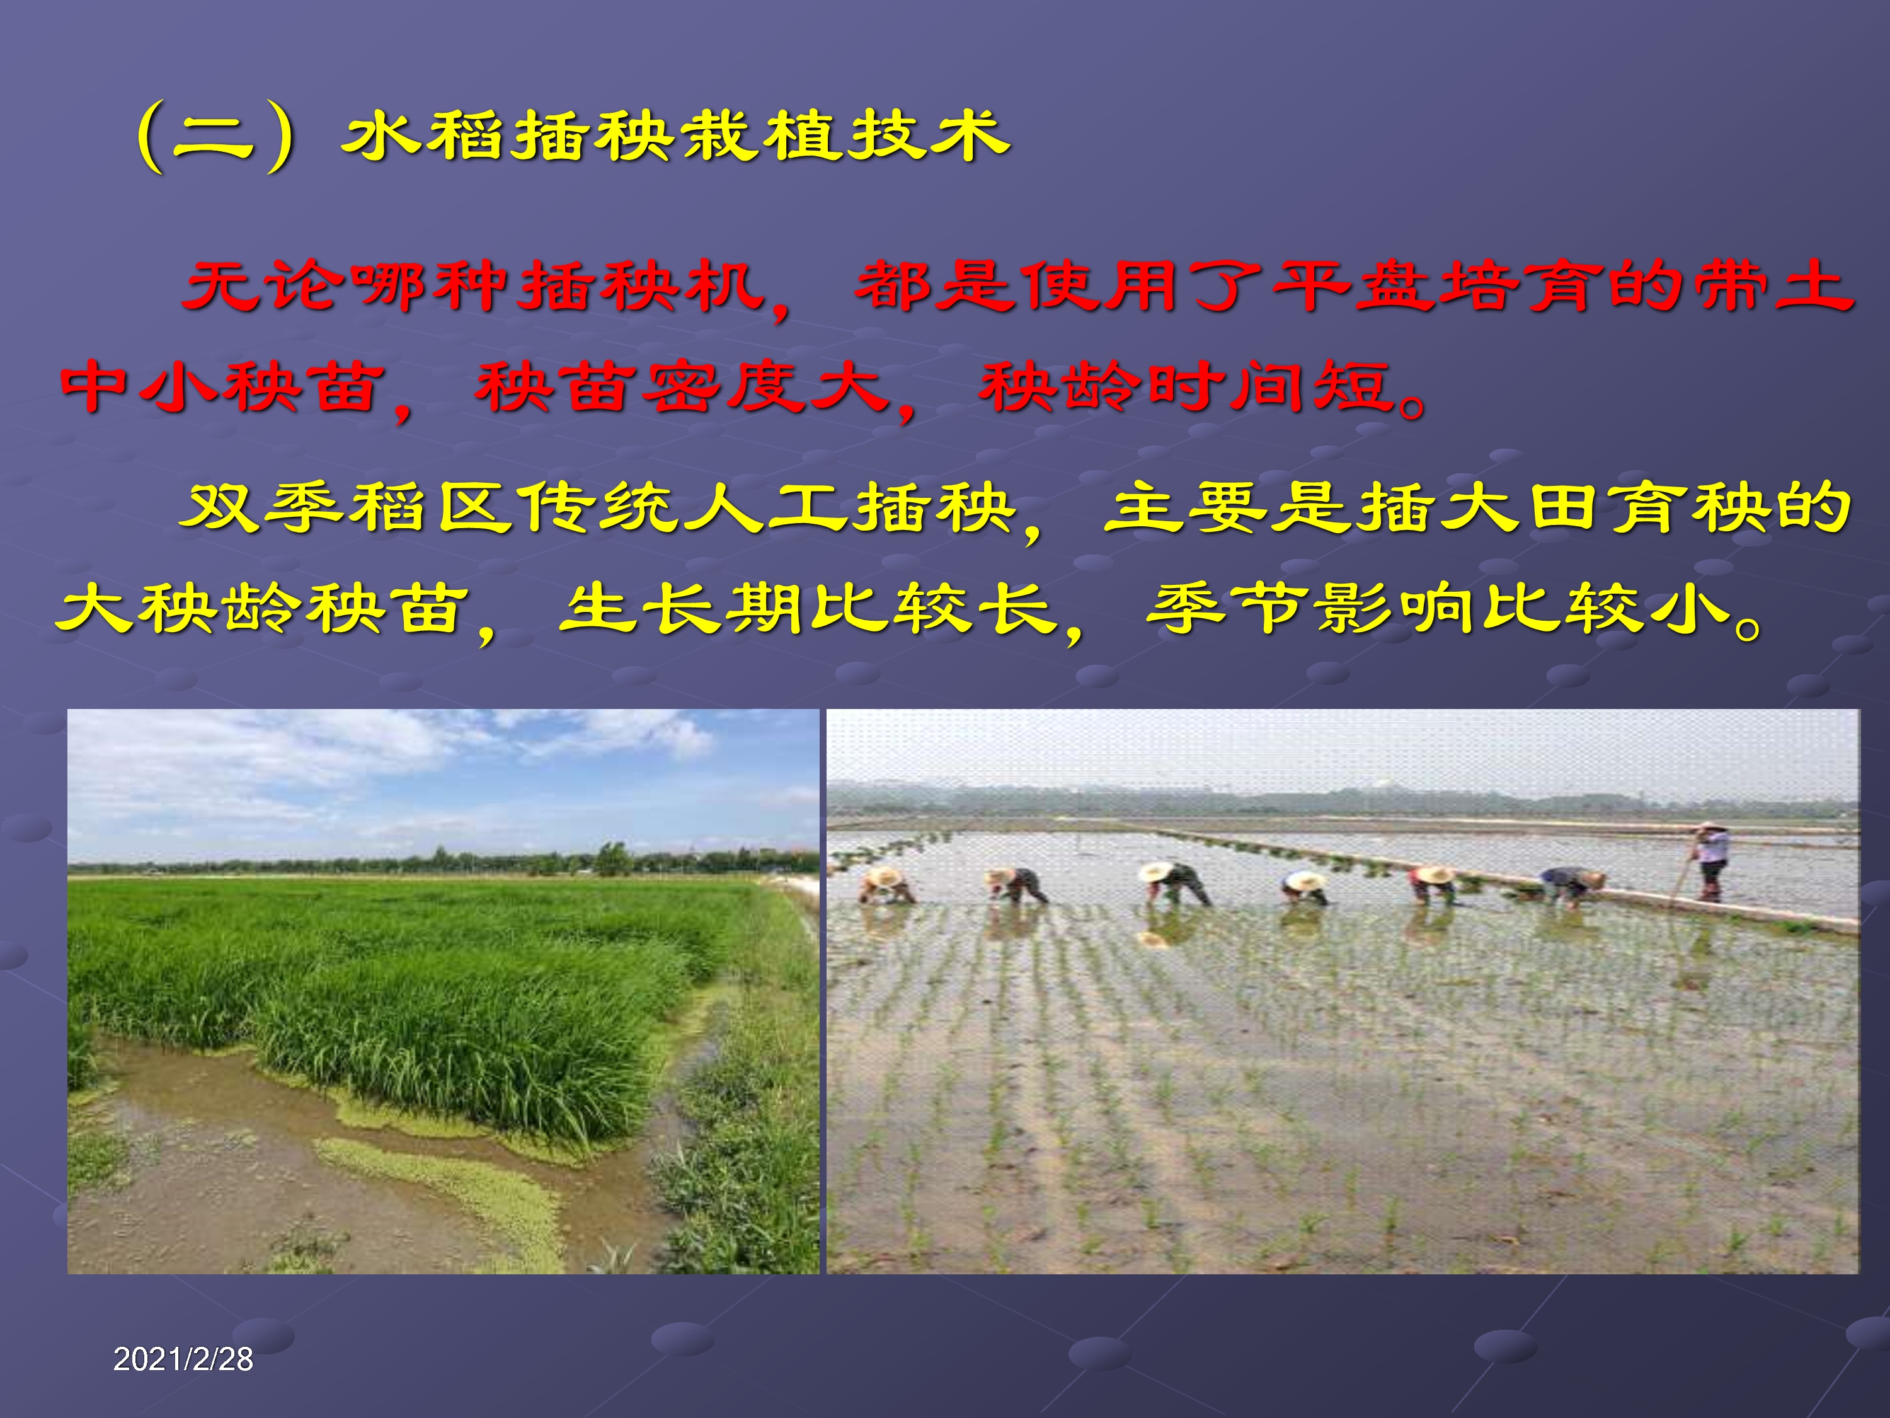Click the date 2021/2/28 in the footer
[x=183, y=1359]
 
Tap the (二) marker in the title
[x=215, y=137]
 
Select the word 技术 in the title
[x=928, y=136]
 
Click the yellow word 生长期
[x=683, y=609]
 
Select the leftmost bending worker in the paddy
[x=886, y=885]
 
